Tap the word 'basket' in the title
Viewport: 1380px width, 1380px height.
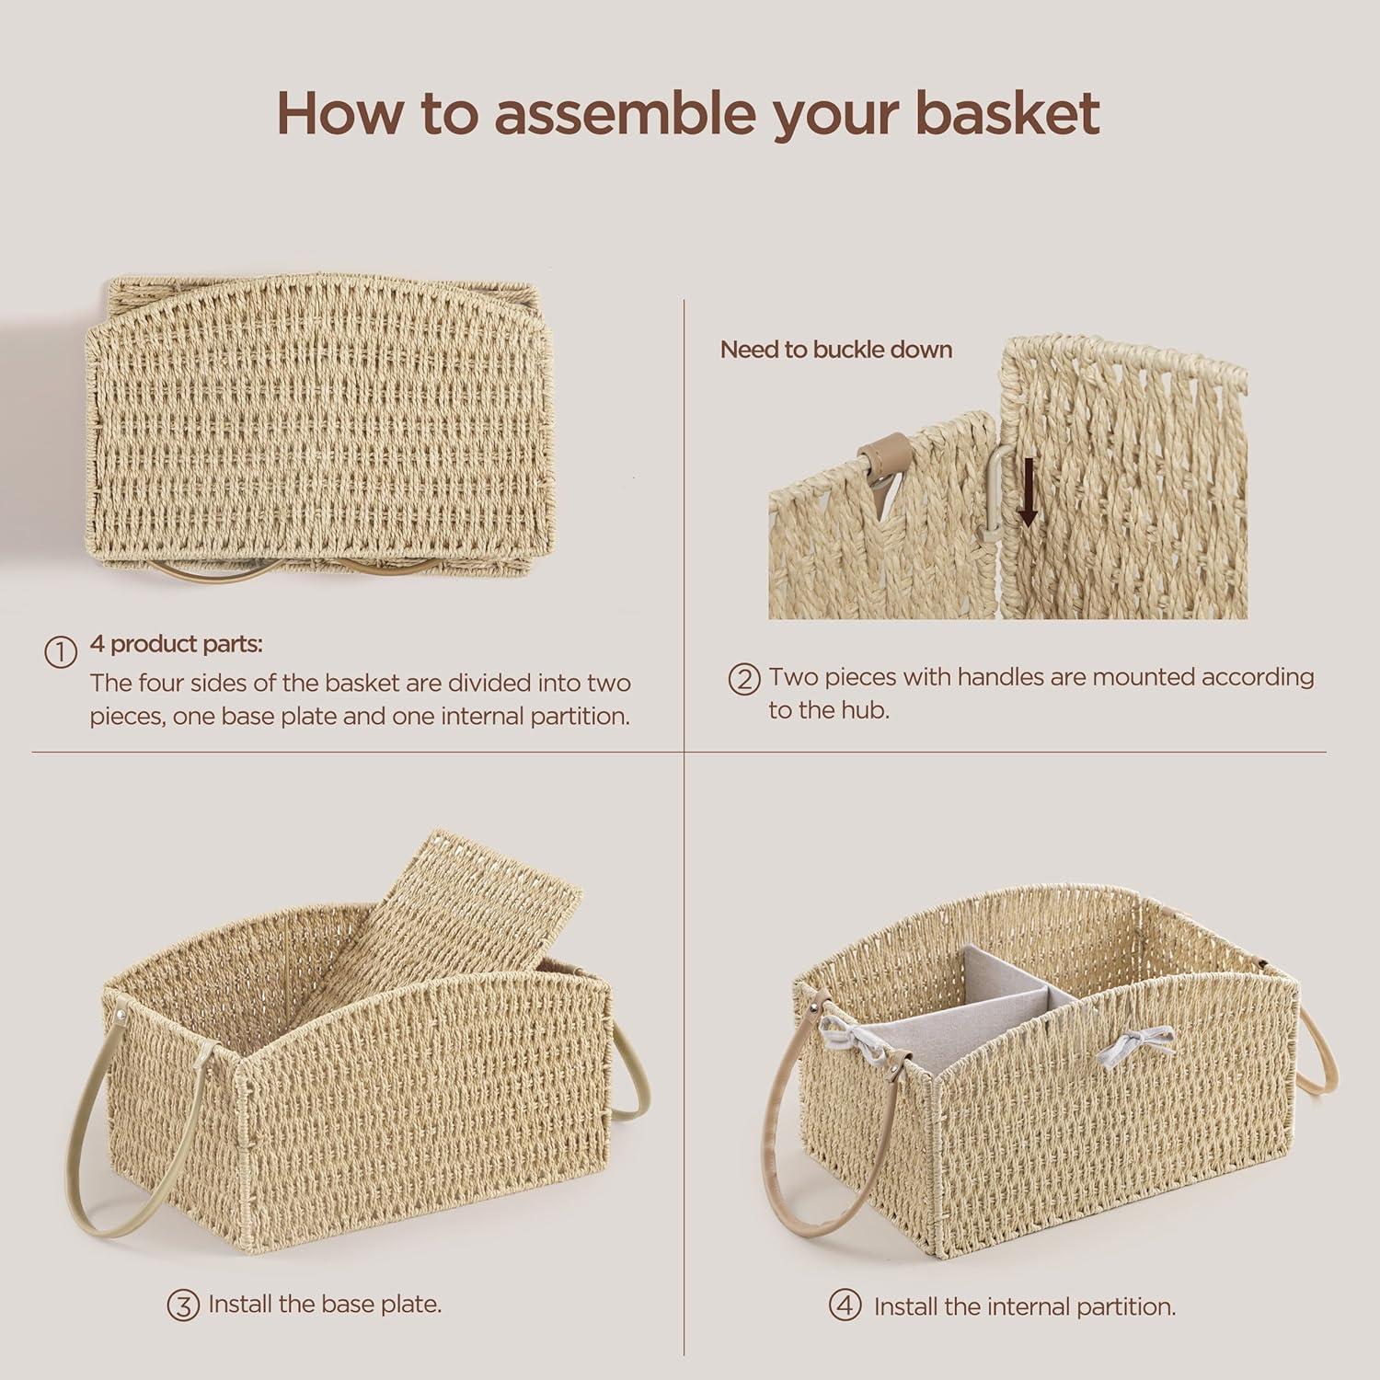pyautogui.click(x=1007, y=114)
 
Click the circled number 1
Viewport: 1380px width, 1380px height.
pyautogui.click(x=61, y=652)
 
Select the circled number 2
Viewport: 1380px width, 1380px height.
pyautogui.click(x=743, y=679)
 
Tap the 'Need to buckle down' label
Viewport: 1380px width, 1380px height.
pyautogui.click(x=835, y=350)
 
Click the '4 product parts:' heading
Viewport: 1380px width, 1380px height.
pyautogui.click(x=176, y=644)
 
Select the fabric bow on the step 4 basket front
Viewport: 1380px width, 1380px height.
pyautogui.click(x=1141, y=1043)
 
